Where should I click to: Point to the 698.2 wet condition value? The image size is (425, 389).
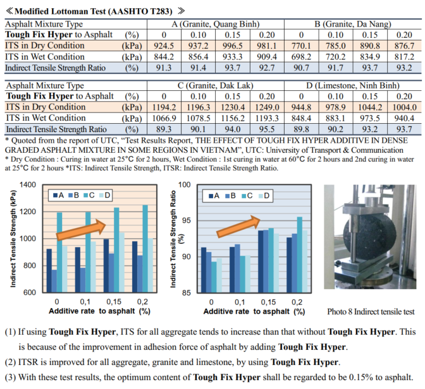pos(297,56)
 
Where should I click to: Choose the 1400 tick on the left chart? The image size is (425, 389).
pos(28,185)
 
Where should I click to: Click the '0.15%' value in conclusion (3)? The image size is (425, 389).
pos(342,377)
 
